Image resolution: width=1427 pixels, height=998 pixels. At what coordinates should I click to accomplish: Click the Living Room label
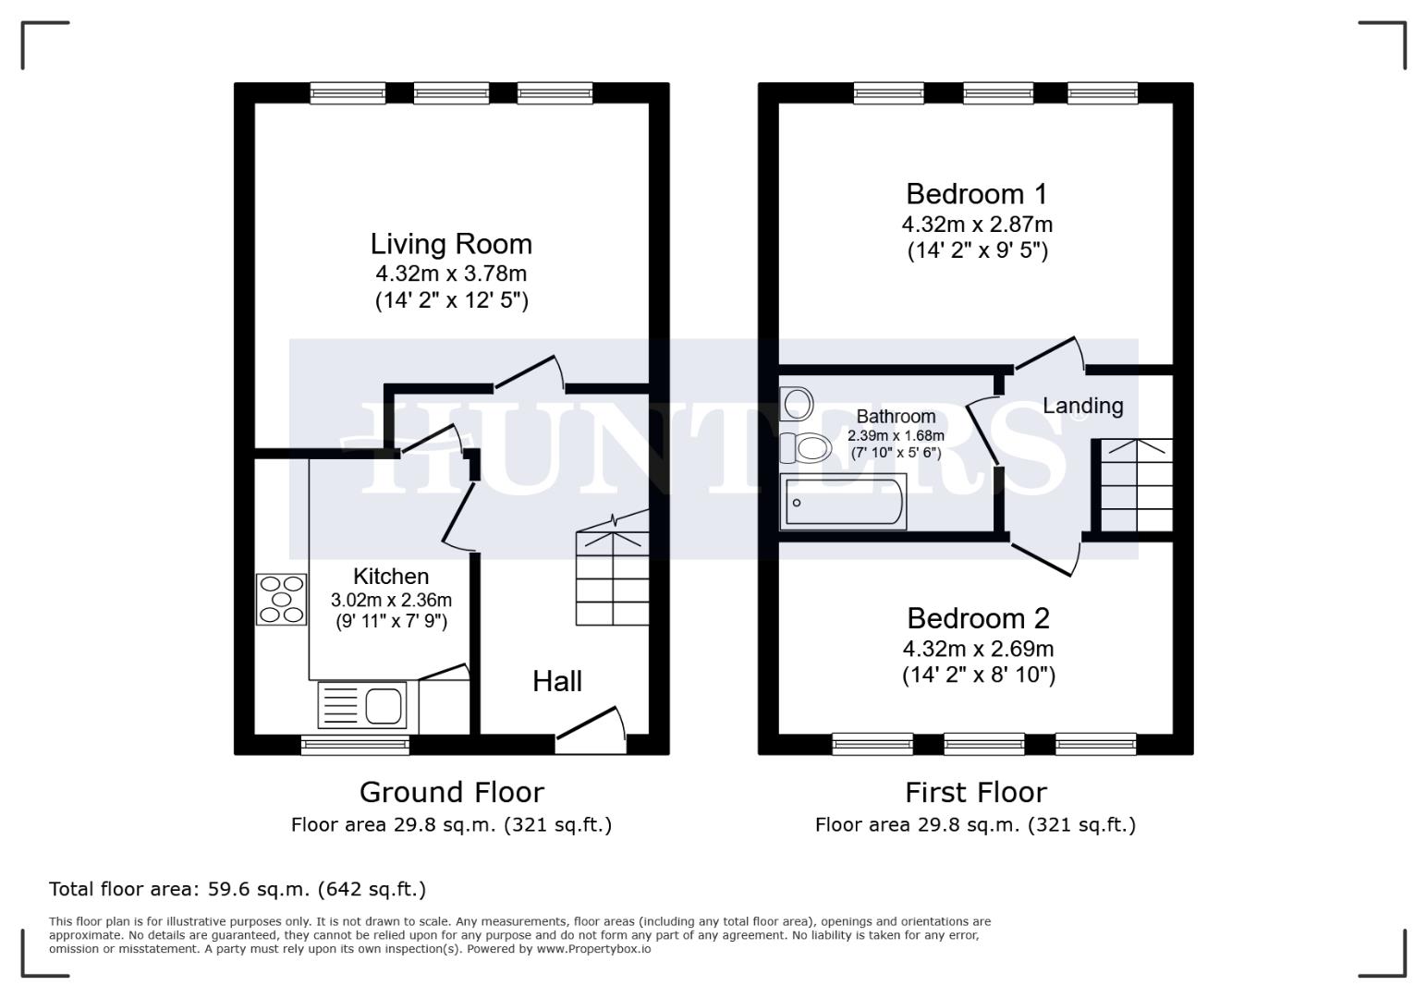pyautogui.click(x=451, y=244)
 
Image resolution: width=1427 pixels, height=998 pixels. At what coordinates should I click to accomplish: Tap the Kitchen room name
pyautogui.click(x=390, y=577)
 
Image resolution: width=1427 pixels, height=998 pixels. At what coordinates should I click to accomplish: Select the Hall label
pyautogui.click(x=556, y=682)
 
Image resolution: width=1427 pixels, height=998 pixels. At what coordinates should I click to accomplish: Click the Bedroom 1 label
pyautogui.click(x=976, y=194)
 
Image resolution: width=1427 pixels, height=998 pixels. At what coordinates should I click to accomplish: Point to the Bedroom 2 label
pyautogui.click(x=978, y=618)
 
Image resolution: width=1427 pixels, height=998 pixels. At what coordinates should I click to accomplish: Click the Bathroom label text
pyautogui.click(x=896, y=417)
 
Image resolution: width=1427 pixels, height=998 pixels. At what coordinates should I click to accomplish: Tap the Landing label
pyautogui.click(x=1082, y=406)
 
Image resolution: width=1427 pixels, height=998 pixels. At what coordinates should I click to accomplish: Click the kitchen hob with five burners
pyautogui.click(x=282, y=599)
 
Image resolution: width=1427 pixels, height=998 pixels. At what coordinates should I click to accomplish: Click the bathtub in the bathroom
pyautogui.click(x=843, y=502)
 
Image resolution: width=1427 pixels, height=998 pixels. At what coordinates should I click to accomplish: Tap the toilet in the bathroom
pyautogui.click(x=802, y=449)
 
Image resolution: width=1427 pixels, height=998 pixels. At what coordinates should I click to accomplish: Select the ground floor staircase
pyautogui.click(x=612, y=578)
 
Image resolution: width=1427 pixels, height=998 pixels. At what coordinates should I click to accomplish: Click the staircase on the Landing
pyautogui.click(x=1136, y=485)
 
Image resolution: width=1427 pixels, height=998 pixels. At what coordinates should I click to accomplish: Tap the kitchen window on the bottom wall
pyautogui.click(x=356, y=744)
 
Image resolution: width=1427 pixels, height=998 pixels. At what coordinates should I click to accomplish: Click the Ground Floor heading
pyautogui.click(x=451, y=793)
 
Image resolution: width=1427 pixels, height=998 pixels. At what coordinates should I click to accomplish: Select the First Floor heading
pyautogui.click(x=975, y=793)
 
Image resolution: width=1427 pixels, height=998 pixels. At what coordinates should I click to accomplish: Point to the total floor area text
pyautogui.click(x=238, y=890)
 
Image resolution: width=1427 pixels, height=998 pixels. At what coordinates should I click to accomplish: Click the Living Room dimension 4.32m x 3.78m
pyautogui.click(x=451, y=274)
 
